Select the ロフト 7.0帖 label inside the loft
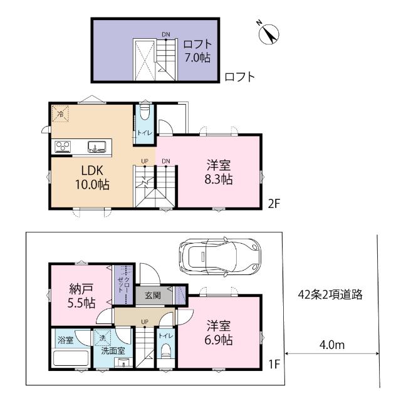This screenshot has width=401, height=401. click(x=197, y=50)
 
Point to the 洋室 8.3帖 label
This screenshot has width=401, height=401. click(x=219, y=172)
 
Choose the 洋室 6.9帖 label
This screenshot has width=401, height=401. click(x=219, y=333)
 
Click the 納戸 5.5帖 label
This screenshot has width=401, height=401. click(x=81, y=296)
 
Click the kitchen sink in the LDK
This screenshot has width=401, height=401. click(x=96, y=147)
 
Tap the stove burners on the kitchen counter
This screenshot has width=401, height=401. click(x=63, y=147)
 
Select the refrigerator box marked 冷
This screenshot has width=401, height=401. click(x=61, y=113)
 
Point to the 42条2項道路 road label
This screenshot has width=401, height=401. click(x=331, y=294)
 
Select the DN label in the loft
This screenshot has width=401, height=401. click(x=166, y=34)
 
